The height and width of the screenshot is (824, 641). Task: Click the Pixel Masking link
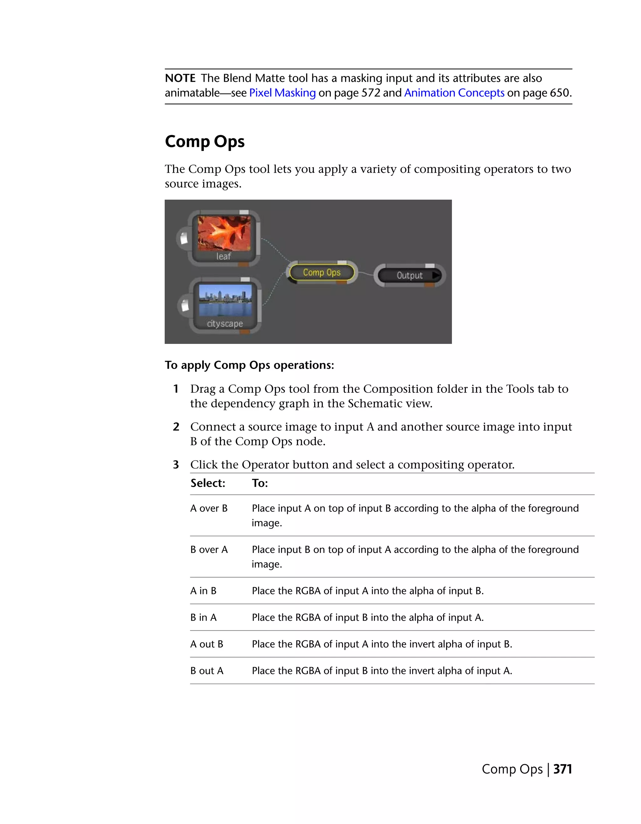(282, 93)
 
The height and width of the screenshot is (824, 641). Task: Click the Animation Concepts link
(454, 93)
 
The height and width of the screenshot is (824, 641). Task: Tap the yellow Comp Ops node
(321, 272)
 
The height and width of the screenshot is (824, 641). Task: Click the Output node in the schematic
(409, 275)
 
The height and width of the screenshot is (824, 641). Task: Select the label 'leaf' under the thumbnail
(223, 257)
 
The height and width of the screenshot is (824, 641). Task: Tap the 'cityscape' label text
(225, 324)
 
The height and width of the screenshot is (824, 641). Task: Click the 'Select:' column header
(208, 483)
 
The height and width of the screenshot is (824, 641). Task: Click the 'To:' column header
(260, 483)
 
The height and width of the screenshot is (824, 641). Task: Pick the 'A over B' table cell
(209, 509)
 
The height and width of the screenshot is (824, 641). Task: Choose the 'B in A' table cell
(203, 618)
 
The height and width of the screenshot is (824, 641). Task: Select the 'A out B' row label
(207, 644)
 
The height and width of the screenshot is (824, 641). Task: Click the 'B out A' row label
(207, 671)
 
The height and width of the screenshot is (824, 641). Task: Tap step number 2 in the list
(176, 427)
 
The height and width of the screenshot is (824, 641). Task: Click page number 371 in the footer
(562, 769)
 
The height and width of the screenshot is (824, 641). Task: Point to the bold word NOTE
(180, 79)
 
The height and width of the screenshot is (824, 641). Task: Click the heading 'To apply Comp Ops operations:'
(249, 365)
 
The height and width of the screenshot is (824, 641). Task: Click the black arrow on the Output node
(436, 275)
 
